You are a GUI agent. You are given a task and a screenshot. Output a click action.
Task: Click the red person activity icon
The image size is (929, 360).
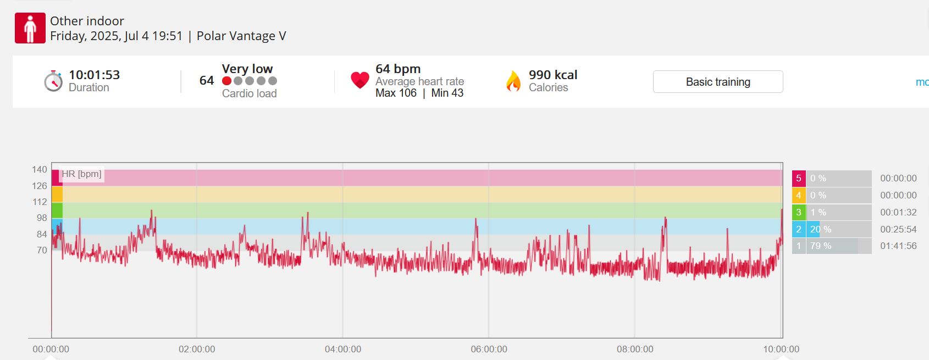[x=30, y=28]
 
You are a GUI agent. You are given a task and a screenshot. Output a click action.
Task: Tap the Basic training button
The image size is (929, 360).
[x=718, y=82]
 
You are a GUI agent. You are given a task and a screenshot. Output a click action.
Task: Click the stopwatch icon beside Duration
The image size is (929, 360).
[x=53, y=81]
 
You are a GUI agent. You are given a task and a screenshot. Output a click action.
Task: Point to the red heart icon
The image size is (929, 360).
[x=360, y=80]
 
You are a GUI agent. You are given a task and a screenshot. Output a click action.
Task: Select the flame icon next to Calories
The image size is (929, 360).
[x=513, y=81]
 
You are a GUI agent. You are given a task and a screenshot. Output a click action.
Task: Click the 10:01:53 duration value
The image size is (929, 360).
[x=94, y=75]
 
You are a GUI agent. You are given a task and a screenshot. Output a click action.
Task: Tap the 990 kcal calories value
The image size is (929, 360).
[x=553, y=75]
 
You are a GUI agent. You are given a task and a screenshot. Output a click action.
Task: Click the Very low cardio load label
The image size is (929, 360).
[x=247, y=69]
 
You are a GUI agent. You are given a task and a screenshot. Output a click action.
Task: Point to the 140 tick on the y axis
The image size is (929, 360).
[x=40, y=169]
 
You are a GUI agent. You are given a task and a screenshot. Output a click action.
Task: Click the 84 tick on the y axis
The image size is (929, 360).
[x=42, y=234]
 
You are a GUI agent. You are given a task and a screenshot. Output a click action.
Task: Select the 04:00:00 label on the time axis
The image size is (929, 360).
[x=343, y=349]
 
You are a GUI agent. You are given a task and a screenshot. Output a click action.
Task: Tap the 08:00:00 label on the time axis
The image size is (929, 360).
[x=635, y=349]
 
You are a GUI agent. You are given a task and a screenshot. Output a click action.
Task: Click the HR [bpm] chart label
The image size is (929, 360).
[x=81, y=174]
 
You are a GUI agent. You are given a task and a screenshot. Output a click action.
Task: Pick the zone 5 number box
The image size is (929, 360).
[x=799, y=178]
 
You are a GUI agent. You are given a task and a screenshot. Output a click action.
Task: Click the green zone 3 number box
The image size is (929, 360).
[x=799, y=212]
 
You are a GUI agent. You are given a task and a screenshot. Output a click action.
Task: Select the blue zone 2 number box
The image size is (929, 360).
[x=799, y=229]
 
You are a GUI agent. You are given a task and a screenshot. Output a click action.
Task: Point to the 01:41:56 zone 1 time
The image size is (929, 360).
[x=898, y=246]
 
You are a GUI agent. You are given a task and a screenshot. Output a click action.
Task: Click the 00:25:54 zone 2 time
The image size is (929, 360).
[x=898, y=229]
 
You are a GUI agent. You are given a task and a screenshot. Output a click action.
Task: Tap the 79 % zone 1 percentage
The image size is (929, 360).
[x=821, y=246]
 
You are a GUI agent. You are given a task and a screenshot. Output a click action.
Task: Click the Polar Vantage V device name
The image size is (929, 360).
[x=241, y=36]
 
